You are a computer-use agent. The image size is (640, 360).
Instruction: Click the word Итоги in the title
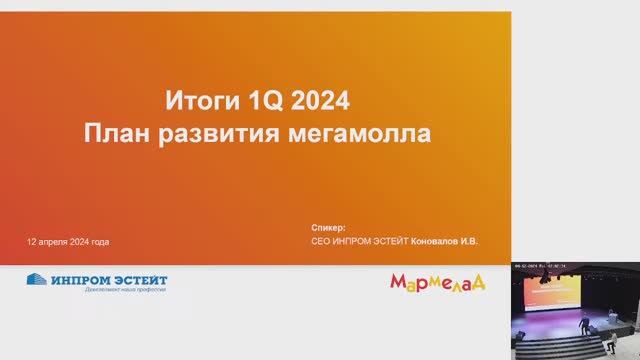click(195, 101)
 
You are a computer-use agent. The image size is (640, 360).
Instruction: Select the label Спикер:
click(328, 228)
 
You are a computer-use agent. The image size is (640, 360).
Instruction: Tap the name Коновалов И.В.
click(444, 242)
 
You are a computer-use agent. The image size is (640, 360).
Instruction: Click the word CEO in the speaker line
click(321, 242)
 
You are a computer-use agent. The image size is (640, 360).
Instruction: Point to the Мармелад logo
click(437, 282)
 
